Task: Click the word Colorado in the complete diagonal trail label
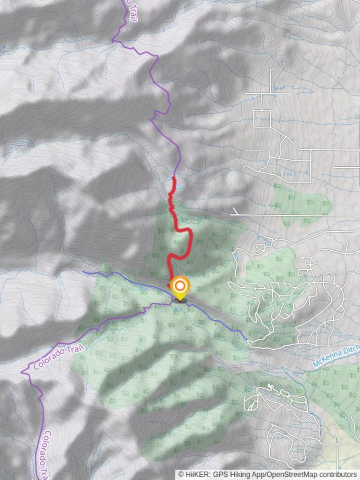point(47,360)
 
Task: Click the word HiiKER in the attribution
point(196,475)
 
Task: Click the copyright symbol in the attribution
point(181,475)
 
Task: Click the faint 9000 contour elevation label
point(289,175)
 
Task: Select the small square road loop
point(262,118)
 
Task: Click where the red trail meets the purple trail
point(174,177)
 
